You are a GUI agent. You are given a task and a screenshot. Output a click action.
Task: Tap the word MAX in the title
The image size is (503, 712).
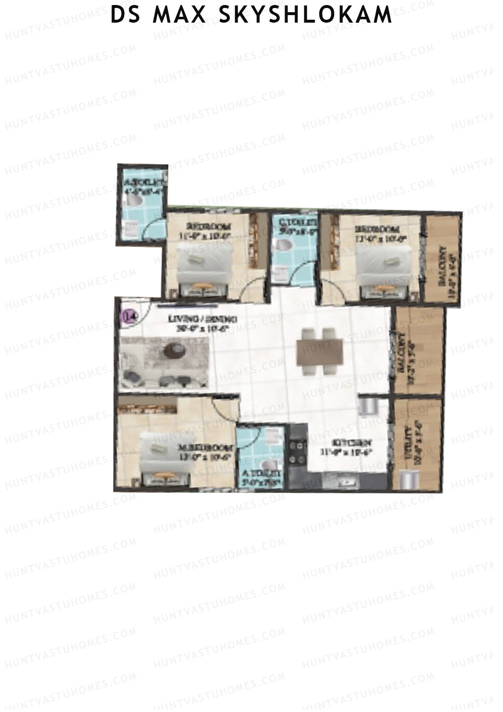(x=179, y=15)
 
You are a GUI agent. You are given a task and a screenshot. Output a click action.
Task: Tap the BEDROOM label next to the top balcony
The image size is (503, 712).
(x=376, y=229)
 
